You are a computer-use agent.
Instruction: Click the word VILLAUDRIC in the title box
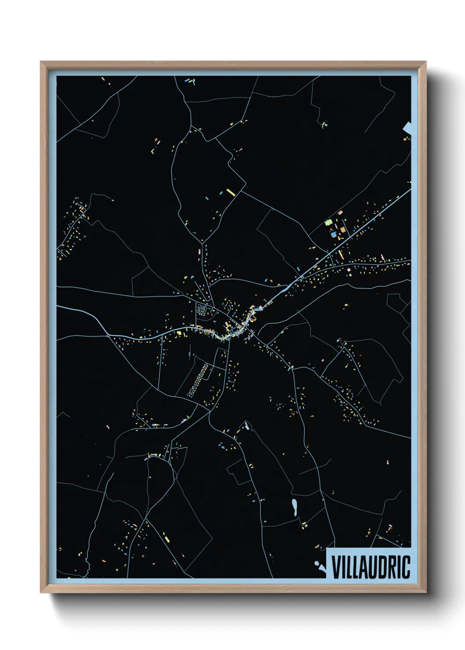pyautogui.click(x=371, y=567)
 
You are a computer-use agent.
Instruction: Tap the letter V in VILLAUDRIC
pyautogui.click(x=336, y=567)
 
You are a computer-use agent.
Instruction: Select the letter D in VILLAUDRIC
pyautogui.click(x=382, y=567)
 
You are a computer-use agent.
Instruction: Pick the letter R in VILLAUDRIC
pyautogui.click(x=392, y=567)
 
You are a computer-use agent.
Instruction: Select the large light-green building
pyautogui.click(x=328, y=223)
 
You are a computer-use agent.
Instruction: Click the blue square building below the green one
pyautogui.click(x=334, y=235)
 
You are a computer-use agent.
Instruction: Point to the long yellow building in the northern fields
pyautogui.click(x=231, y=192)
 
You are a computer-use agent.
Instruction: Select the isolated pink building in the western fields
pyautogui.click(x=108, y=426)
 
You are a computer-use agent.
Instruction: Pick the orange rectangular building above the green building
pyautogui.click(x=340, y=213)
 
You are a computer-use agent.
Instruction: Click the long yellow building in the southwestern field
pyautogui.click(x=167, y=537)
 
